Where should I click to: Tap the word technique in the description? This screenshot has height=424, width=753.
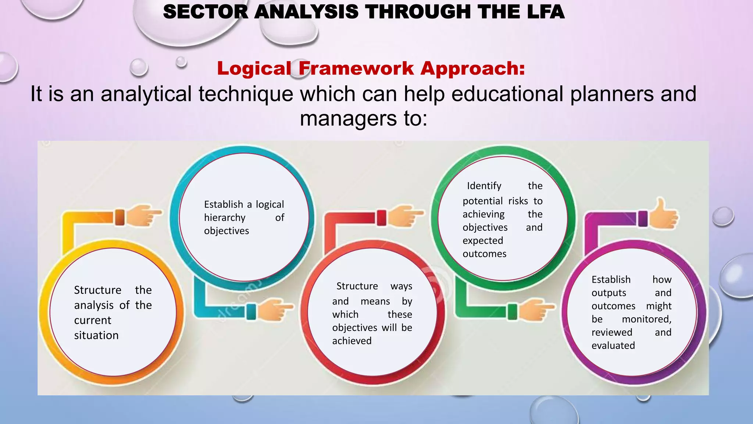click(246, 94)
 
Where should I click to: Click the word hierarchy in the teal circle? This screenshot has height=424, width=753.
click(225, 218)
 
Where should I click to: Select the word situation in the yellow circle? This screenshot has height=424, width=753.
click(96, 335)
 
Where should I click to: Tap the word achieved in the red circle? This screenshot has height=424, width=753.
click(352, 341)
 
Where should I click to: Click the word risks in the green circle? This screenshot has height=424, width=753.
click(518, 201)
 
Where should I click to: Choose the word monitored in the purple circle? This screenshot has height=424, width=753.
click(647, 319)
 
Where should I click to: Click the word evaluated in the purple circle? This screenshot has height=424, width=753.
click(613, 346)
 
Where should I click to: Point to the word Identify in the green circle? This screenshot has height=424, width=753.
click(484, 186)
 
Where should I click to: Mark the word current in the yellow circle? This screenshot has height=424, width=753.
click(93, 320)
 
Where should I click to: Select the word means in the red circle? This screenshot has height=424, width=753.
click(375, 301)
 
